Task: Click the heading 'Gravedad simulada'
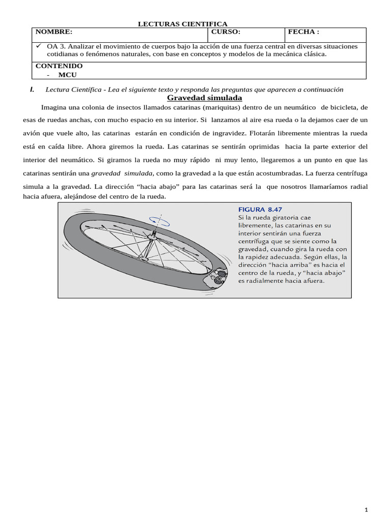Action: pos(204,98)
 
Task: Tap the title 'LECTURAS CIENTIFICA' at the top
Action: pos(183,24)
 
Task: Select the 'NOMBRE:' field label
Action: pos(54,32)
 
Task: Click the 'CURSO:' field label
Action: pos(226,32)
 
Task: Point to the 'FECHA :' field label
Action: pos(303,32)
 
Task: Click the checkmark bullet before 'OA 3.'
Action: pos(39,46)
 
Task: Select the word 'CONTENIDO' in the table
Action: pos(59,66)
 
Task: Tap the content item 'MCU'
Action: pos(67,75)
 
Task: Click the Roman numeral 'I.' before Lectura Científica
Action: pos(32,90)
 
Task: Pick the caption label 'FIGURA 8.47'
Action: pos(260,209)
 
